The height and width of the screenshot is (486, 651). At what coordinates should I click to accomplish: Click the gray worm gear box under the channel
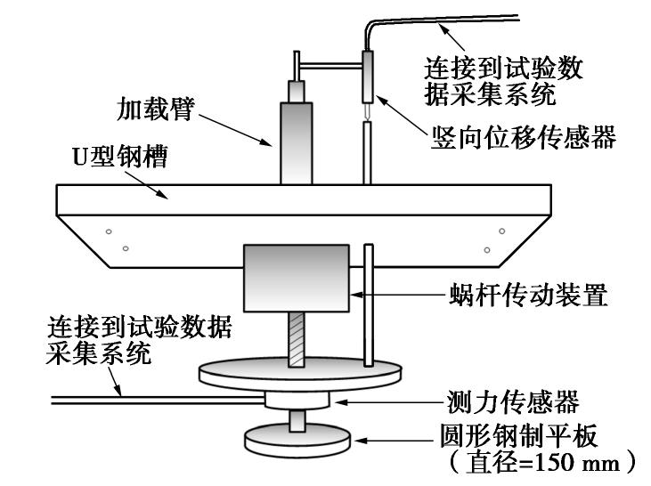click(297, 278)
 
